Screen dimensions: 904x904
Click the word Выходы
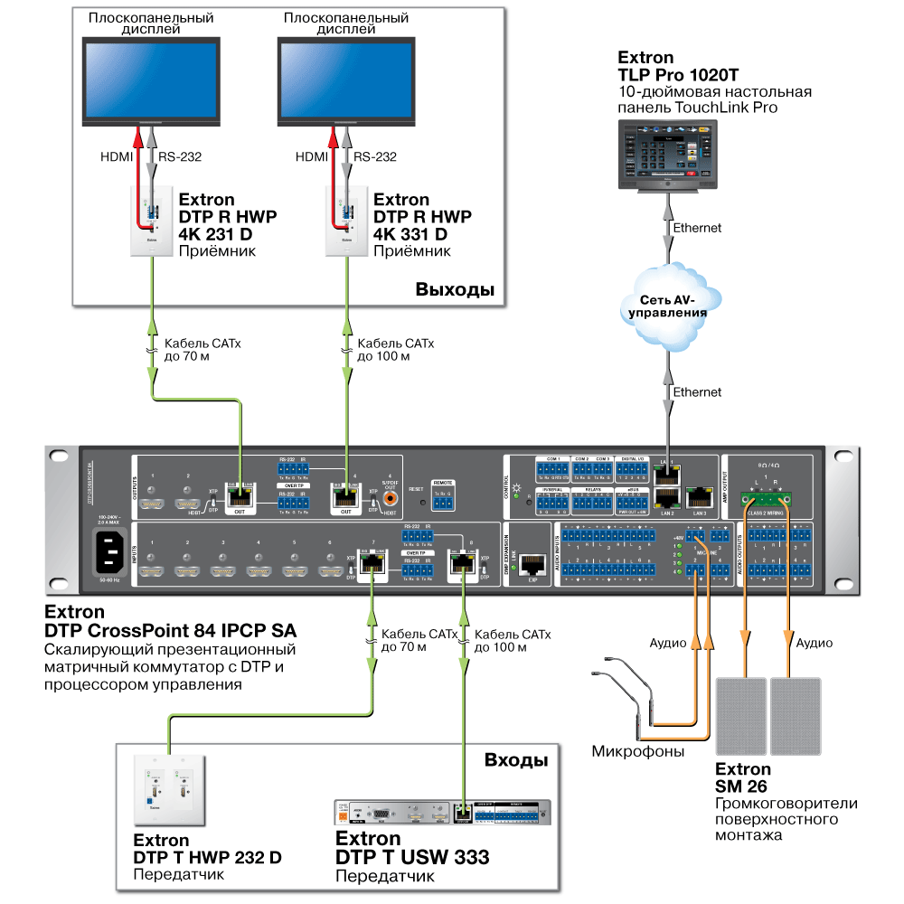coord(455,290)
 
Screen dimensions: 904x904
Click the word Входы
coord(516,759)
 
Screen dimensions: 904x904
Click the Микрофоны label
coord(638,751)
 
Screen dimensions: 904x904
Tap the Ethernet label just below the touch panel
coord(698,228)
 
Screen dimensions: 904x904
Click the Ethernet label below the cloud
coord(698,392)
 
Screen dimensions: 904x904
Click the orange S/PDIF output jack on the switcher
coord(391,496)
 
